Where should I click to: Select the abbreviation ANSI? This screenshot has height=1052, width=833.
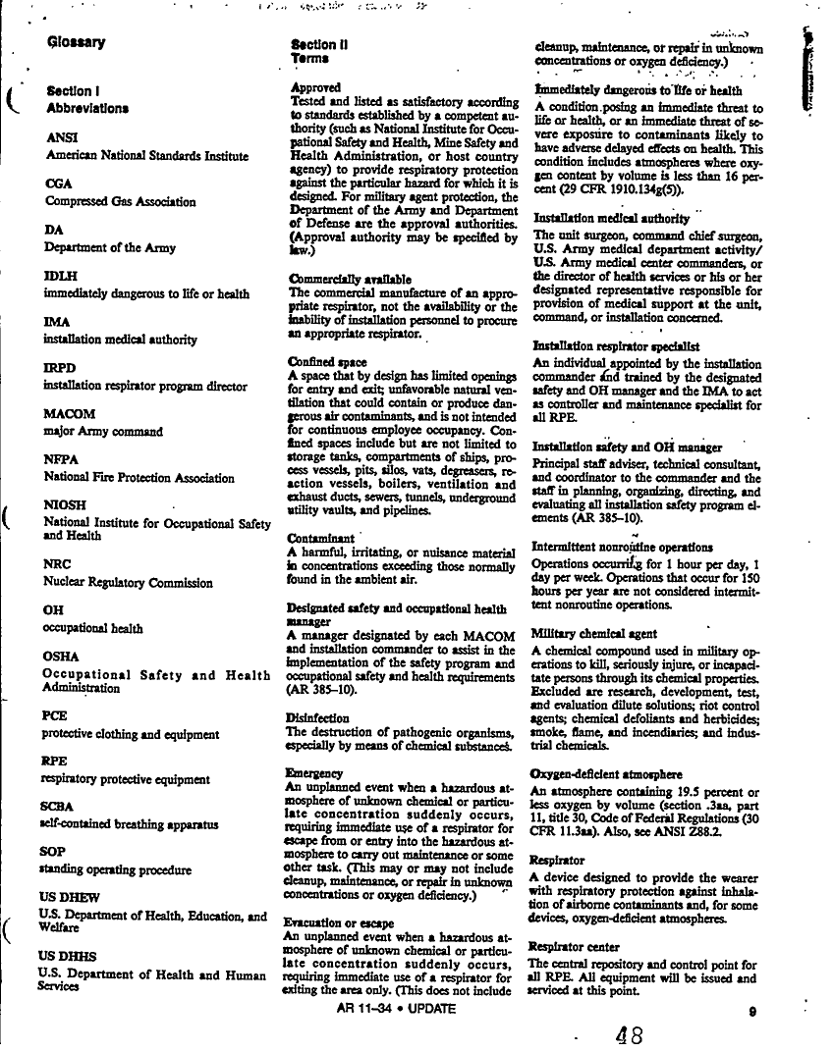click(x=62, y=137)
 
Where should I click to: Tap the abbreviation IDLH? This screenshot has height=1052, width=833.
click(x=62, y=276)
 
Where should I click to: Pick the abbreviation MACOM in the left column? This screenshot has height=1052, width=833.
click(x=73, y=413)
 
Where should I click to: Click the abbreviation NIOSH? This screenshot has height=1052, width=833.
click(x=68, y=505)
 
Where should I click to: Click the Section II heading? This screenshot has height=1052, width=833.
click(x=320, y=44)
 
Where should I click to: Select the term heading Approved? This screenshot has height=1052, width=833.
click(x=316, y=87)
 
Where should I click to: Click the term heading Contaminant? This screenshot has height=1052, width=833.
click(x=320, y=539)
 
